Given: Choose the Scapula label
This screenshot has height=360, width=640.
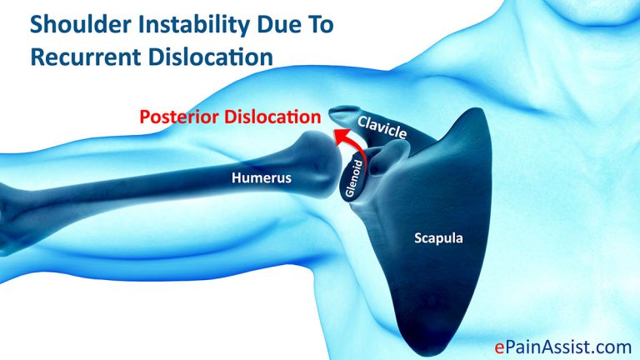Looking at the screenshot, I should (x=438, y=238).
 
